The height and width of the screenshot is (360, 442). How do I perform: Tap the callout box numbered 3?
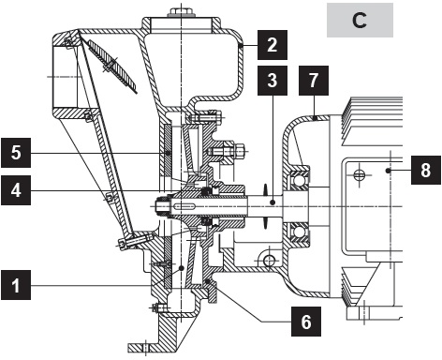pyautogui.click(x=270, y=80)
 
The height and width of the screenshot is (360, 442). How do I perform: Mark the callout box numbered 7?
pyautogui.click(x=315, y=80)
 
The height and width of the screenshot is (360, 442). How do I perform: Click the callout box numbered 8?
pyautogui.click(x=426, y=171)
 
